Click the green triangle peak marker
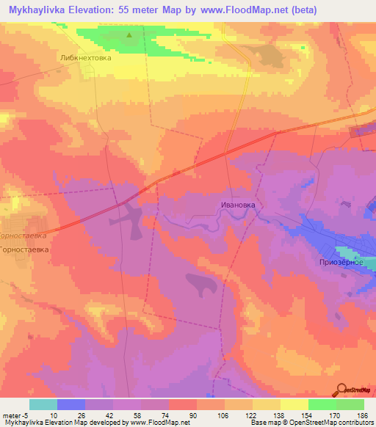(x=130, y=34)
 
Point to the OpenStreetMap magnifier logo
(x=343, y=391)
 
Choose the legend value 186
(x=364, y=415)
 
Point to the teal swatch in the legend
(x=43, y=404)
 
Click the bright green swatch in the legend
(x=322, y=404)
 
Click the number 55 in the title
(x=148, y=10)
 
